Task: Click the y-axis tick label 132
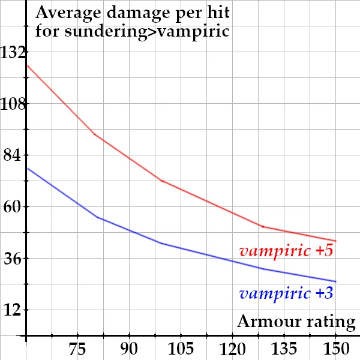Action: (x=13, y=53)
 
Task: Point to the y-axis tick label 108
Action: (x=13, y=104)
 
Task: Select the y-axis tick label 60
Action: (x=13, y=208)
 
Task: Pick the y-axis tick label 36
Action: (x=13, y=259)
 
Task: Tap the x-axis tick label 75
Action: (x=77, y=349)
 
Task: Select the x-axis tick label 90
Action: (x=129, y=349)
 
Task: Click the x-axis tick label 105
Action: (x=181, y=349)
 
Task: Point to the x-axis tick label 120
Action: (x=232, y=349)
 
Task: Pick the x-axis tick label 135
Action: (x=284, y=349)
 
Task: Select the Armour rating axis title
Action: (x=296, y=322)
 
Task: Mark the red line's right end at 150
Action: (x=335, y=241)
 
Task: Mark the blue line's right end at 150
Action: (x=335, y=281)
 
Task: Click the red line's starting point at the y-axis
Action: (x=27, y=64)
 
